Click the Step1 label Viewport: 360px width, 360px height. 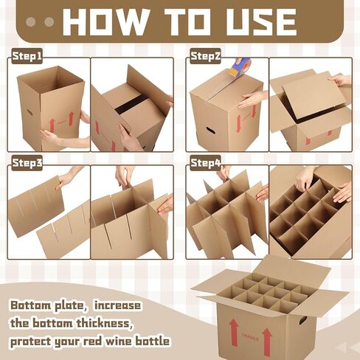pos(28,56)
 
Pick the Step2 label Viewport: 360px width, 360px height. pos(206,56)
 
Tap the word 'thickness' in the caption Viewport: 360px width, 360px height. pos(110,324)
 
